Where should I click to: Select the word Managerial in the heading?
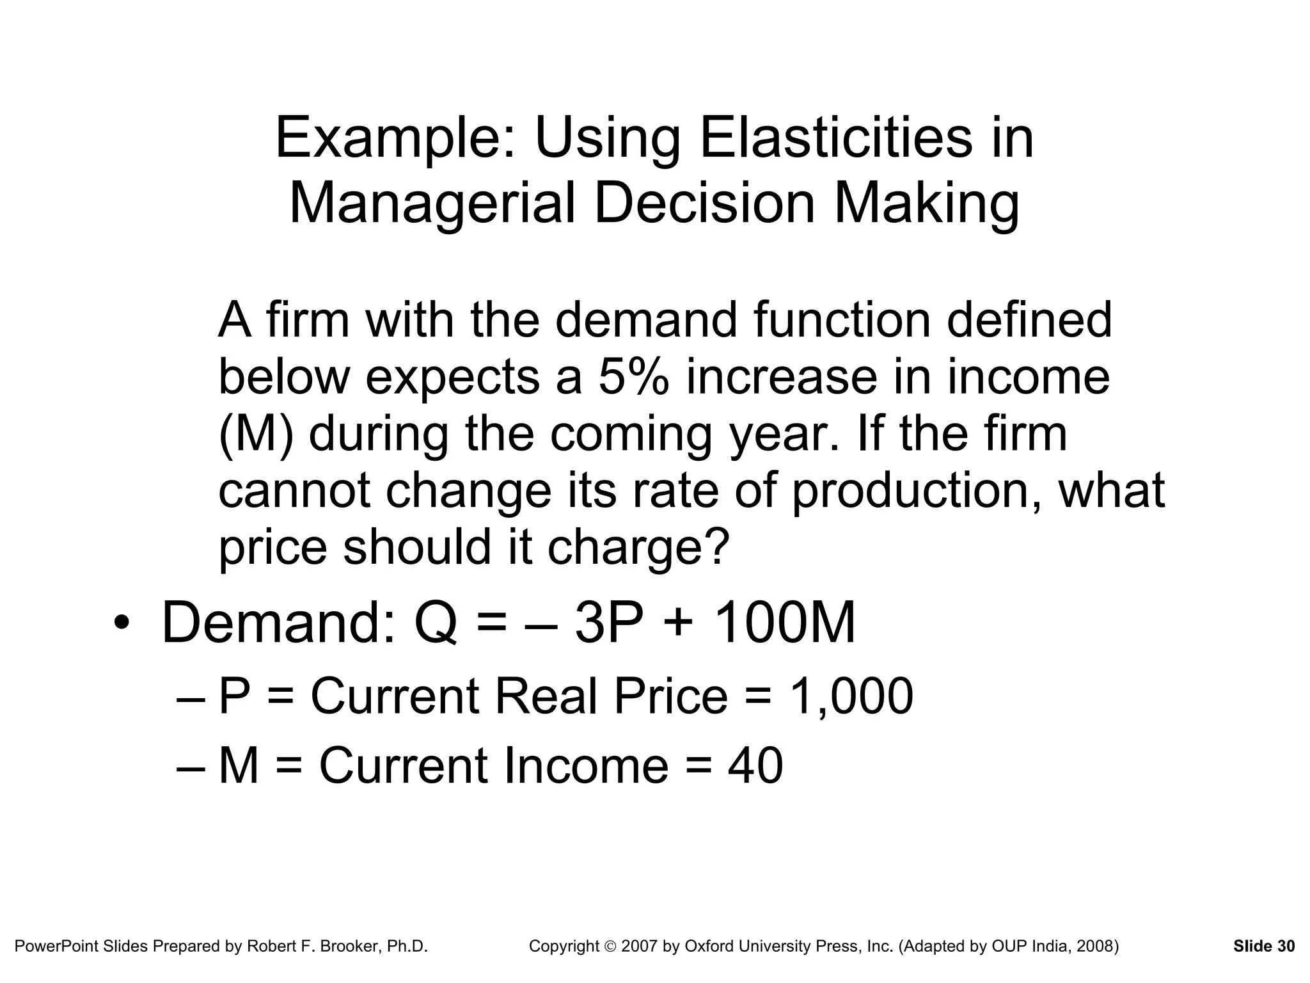tap(432, 204)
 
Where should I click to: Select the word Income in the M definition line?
tap(586, 765)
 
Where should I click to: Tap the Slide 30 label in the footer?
tap(1264, 946)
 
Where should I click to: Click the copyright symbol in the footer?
tap(611, 947)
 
